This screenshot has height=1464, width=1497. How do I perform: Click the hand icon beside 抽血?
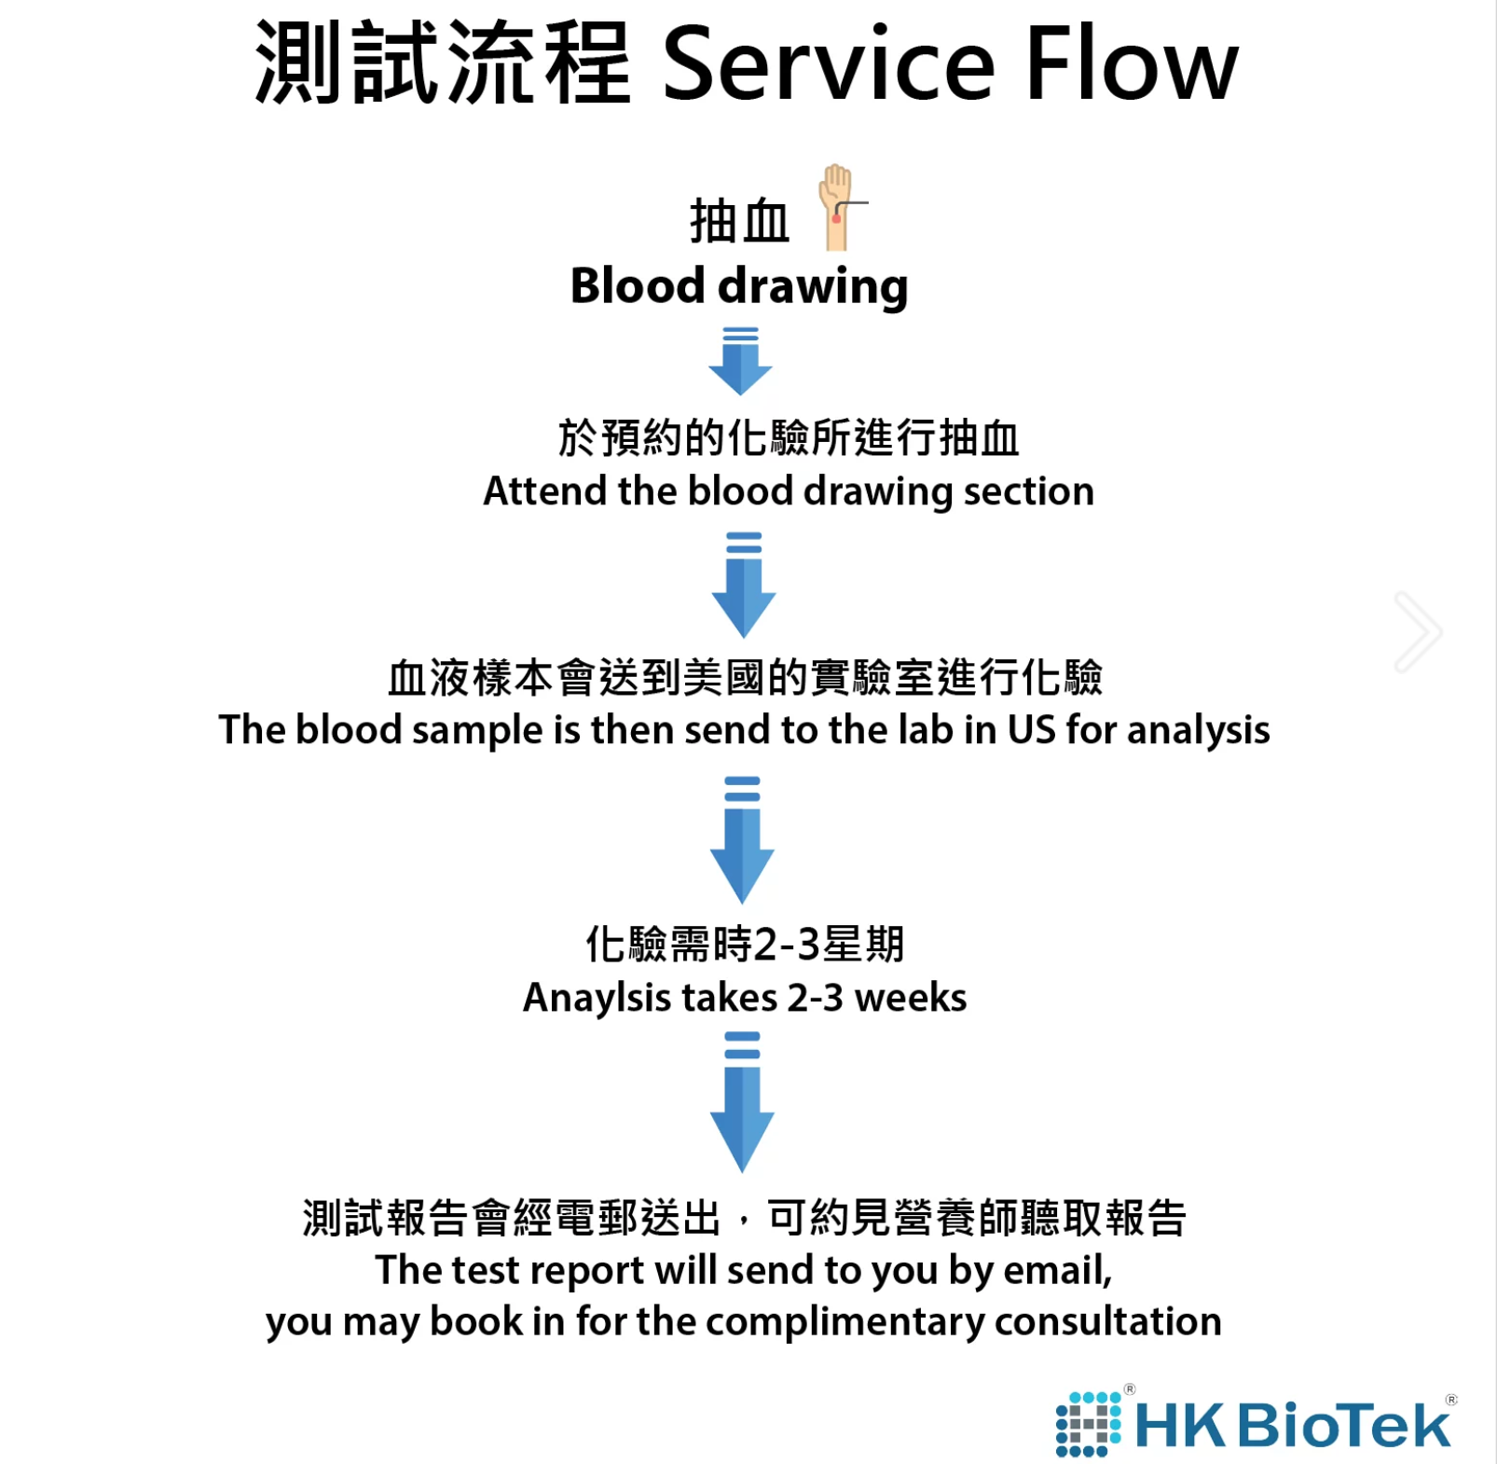pos(837,207)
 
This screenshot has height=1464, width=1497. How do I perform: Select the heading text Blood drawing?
pos(739,286)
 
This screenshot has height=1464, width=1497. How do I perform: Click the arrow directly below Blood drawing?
pos(740,362)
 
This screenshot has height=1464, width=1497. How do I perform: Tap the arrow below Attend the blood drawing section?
pos(743,586)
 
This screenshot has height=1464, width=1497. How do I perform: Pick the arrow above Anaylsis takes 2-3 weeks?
pos(742,839)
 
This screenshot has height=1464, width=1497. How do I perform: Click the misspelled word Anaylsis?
pos(597,998)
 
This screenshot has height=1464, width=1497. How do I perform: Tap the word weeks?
pos(911,998)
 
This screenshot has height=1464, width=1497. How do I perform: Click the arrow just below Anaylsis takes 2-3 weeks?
pos(742,1102)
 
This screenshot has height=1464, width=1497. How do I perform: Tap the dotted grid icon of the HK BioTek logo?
pos(1087,1424)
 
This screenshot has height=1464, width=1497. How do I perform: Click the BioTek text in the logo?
pos(1343,1425)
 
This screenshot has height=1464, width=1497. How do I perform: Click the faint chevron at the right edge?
pos(1418,631)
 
